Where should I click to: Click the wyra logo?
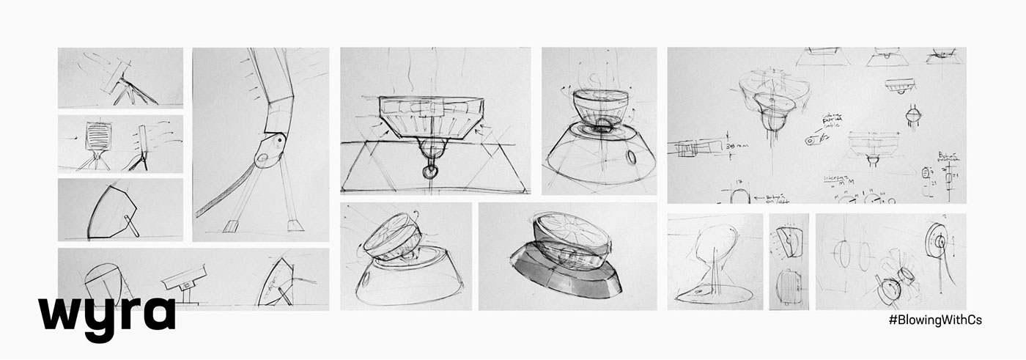click(106, 314)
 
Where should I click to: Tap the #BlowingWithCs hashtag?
click(934, 320)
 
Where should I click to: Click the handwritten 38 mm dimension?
click(733, 147)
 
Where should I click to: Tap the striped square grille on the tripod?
click(97, 137)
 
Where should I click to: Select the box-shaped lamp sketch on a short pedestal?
click(183, 280)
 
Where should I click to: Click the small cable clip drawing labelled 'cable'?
click(811, 139)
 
